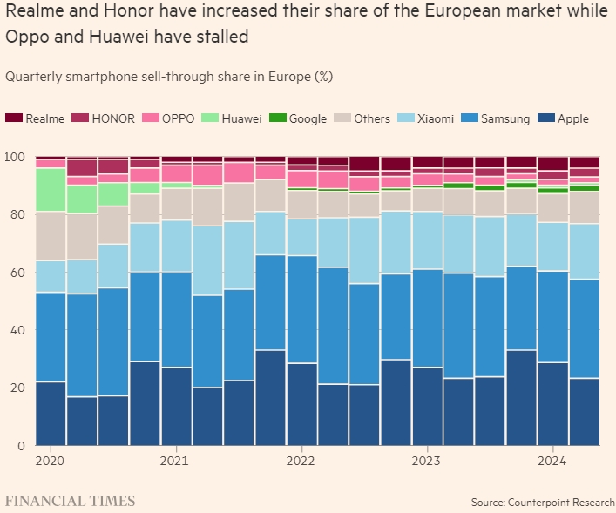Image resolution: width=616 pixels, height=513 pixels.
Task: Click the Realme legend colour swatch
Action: tap(13, 118)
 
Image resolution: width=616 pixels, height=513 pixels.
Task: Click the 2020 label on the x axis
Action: tap(50, 460)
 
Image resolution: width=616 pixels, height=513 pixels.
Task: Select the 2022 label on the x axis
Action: tap(301, 460)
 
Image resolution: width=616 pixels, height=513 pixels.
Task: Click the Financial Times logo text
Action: tap(70, 501)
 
